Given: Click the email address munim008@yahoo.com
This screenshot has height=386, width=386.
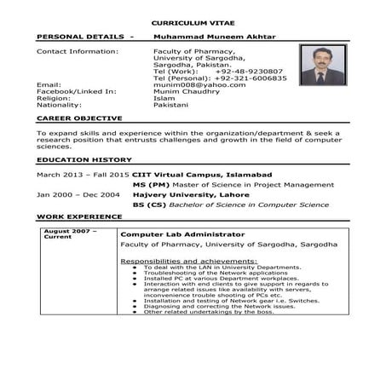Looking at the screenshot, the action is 188,85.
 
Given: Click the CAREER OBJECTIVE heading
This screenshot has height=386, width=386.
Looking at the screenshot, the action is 79,118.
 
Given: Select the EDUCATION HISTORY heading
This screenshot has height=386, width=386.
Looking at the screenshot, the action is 84,160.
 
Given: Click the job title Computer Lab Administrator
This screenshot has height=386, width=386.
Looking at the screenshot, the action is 182,233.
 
